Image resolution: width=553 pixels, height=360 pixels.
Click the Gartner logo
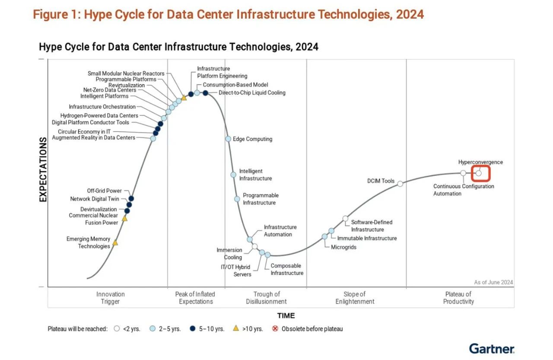492,348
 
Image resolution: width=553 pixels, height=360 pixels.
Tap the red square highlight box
481,173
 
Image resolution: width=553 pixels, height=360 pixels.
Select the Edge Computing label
252,139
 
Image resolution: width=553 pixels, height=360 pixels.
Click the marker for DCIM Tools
400,184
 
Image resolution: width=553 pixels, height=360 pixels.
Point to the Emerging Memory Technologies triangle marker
115,243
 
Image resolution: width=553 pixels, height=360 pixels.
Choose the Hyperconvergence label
480,162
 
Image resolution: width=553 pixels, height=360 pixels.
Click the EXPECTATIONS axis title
43,169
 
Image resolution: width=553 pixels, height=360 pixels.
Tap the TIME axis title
286,315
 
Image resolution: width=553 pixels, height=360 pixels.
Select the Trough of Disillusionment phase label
266,298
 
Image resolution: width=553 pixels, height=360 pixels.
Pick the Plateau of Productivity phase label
458,298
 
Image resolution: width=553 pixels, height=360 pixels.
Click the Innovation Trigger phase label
110,298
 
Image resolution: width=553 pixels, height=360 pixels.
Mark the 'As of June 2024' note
493,282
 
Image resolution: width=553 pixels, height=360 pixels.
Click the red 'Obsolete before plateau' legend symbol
275,329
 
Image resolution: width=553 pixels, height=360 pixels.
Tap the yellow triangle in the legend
236,328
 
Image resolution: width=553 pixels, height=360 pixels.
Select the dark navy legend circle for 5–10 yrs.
192,329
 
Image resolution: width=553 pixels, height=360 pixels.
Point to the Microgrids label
343,247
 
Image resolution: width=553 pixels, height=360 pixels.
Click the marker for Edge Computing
228,139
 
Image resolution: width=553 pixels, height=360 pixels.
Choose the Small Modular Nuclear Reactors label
126,73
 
